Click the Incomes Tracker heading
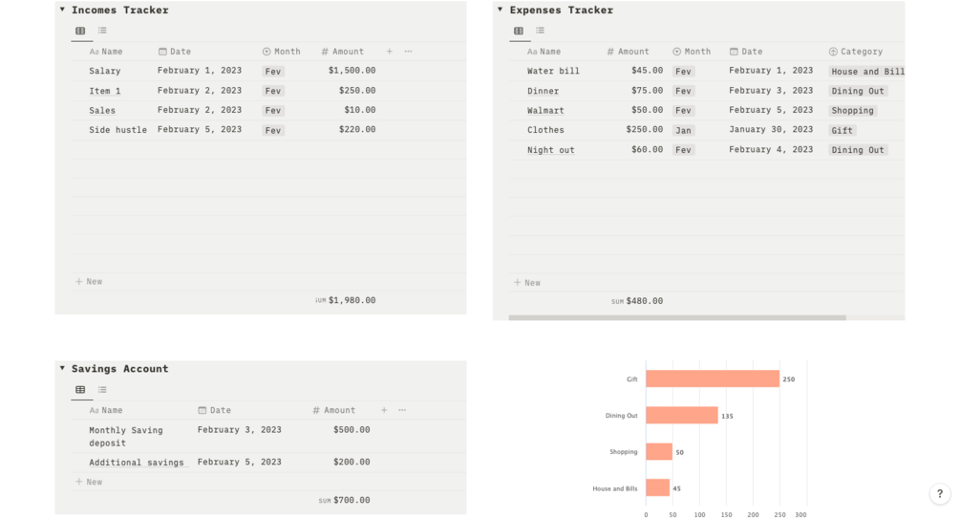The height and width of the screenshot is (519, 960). point(119,11)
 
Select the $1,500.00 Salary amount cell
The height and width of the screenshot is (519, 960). point(352,71)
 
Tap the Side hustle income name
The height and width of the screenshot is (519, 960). point(117,130)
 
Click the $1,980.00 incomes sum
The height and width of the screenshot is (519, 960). point(352,300)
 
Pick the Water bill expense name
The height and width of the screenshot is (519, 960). point(553,71)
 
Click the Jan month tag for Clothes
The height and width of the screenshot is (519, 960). point(683,130)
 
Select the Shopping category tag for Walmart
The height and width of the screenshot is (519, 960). point(852,111)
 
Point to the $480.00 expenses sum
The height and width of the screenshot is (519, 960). point(644,301)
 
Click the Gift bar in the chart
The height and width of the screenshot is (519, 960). point(712,379)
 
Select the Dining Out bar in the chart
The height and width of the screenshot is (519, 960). point(681,416)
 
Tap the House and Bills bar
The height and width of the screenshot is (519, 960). point(657,488)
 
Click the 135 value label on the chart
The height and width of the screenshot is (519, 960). point(728,417)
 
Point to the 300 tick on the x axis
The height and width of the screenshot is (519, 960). point(800,514)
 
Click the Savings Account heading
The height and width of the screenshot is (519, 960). point(119,369)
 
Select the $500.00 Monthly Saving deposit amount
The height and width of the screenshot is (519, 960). point(352,430)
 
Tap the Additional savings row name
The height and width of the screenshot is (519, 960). point(136,463)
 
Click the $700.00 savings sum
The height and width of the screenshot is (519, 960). point(352,500)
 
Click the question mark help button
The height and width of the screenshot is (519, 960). point(940,494)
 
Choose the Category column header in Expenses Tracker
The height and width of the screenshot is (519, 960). point(861,52)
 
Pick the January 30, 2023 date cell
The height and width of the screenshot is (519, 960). point(771,130)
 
